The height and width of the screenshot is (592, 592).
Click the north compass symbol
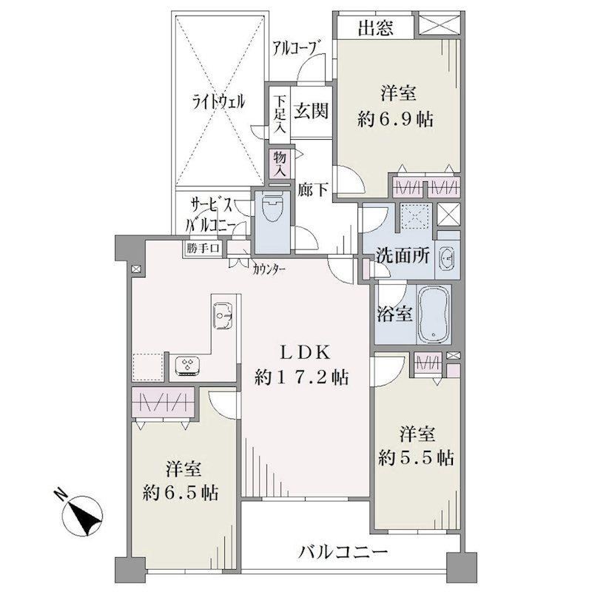(x=83, y=513)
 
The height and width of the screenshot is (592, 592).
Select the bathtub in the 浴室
(x=434, y=314)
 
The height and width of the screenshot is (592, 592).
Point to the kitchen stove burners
(x=187, y=366)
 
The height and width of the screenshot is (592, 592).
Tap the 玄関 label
(x=311, y=111)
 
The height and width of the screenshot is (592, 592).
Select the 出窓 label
(x=376, y=27)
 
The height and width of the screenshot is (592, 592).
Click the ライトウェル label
(x=219, y=102)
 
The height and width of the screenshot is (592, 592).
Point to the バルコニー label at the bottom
(x=343, y=553)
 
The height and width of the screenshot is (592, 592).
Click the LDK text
(x=305, y=353)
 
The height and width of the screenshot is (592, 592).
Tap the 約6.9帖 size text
(x=395, y=120)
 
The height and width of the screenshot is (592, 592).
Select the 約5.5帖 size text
(x=416, y=458)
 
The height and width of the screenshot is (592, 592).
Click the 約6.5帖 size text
(x=181, y=493)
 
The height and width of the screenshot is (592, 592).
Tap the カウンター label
(x=269, y=269)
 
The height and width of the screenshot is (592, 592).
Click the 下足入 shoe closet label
(x=280, y=115)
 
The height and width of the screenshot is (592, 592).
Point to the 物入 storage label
(x=280, y=164)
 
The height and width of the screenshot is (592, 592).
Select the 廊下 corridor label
(x=312, y=189)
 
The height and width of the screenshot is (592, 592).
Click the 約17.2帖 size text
(x=302, y=377)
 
